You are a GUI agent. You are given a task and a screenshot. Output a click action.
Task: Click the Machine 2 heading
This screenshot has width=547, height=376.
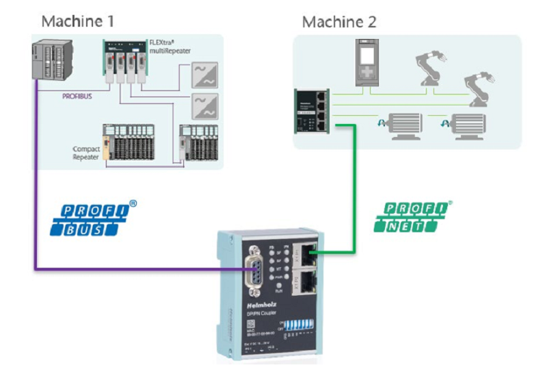point(339,22)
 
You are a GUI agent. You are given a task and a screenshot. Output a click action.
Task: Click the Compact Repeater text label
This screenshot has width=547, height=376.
point(86,153)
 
